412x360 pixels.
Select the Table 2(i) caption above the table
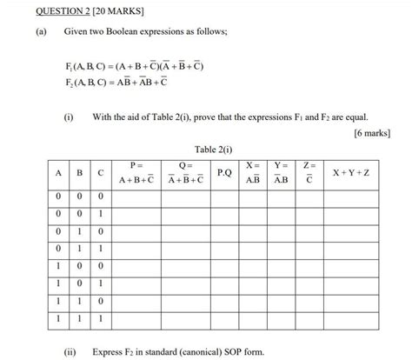(x=213, y=150)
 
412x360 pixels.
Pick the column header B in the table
(x=79, y=173)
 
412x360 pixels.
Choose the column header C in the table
(x=100, y=173)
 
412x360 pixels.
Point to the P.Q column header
(x=225, y=173)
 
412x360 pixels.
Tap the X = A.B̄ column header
(x=253, y=173)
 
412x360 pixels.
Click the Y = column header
(x=282, y=173)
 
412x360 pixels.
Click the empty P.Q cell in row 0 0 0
(x=225, y=197)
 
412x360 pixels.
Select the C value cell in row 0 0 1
(x=100, y=214)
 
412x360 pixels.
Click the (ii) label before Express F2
(x=69, y=351)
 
